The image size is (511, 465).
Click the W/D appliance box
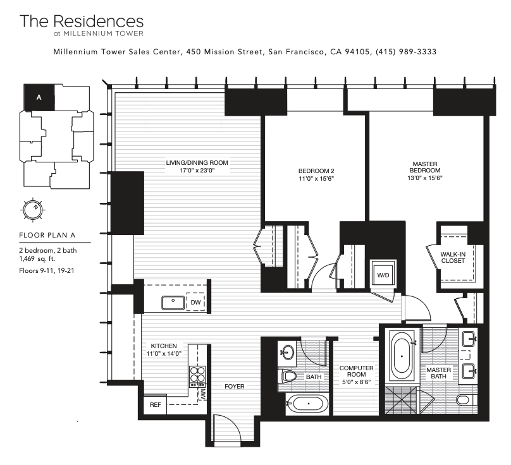tap(383, 274)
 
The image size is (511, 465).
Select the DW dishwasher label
tap(195, 303)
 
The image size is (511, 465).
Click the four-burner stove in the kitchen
tap(197, 375)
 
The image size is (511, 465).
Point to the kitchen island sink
tap(173, 303)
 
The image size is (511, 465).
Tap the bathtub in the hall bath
tap(307, 403)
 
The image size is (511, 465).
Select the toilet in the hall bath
tap(290, 377)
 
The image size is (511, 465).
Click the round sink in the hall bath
tap(288, 352)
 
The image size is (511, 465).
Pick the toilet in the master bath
tap(464, 399)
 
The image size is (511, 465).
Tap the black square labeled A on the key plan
tap(39, 97)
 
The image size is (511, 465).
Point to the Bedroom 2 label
tap(316, 171)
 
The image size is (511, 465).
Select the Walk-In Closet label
tap(453, 257)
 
